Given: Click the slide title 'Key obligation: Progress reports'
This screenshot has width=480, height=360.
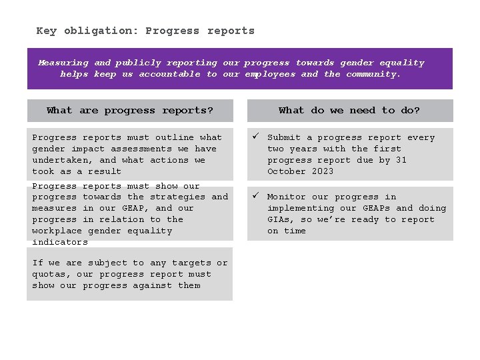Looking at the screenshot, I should click(x=145, y=31).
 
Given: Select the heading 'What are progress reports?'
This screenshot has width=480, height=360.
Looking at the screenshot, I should click(x=130, y=111).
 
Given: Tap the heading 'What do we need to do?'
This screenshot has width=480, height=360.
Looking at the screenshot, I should click(x=349, y=111).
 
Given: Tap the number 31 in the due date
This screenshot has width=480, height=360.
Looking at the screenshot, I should click(x=401, y=160).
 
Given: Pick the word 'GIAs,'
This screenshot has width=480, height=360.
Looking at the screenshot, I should click(x=281, y=219).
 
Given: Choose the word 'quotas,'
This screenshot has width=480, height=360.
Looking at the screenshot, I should click(x=51, y=274).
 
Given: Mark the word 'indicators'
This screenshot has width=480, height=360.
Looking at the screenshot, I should click(x=60, y=242).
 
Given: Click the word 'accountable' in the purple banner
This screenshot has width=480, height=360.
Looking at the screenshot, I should click(x=169, y=74).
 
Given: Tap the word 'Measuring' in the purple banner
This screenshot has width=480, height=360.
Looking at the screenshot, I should click(x=63, y=63).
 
